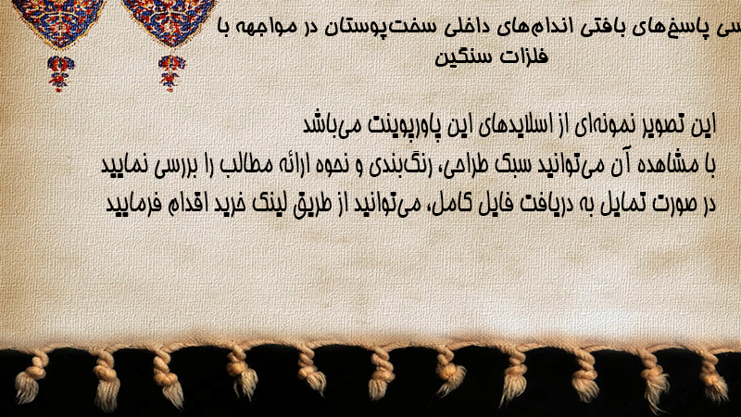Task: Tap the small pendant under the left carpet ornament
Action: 60,73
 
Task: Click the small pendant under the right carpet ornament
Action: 171,73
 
